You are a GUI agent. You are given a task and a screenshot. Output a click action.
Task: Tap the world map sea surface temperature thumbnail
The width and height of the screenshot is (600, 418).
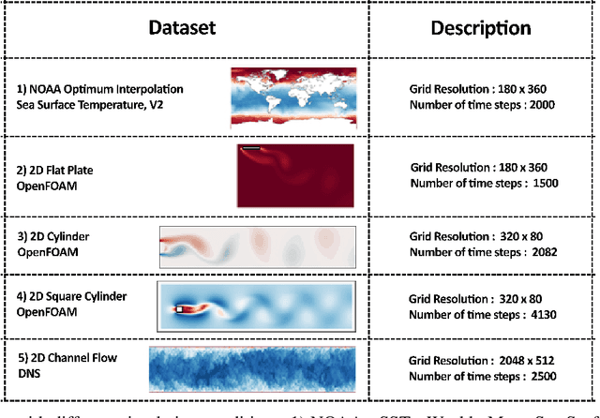(294, 97)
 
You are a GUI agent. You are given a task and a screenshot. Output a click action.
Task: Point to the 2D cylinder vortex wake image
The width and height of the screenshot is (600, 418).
(258, 247)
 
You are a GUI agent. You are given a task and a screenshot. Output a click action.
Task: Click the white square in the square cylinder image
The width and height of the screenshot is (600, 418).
(179, 307)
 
